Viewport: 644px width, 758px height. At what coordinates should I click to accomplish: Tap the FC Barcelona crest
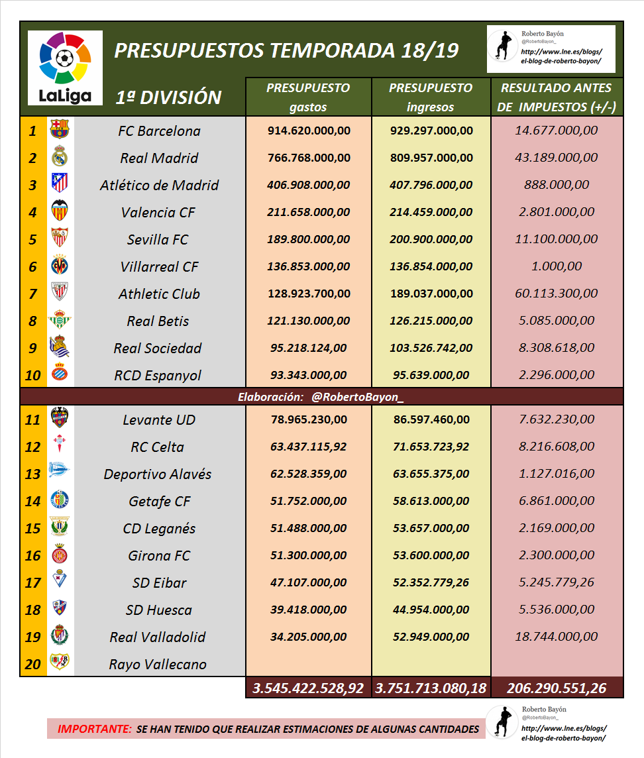(60, 130)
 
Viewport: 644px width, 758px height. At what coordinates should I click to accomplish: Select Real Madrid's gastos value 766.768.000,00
(309, 158)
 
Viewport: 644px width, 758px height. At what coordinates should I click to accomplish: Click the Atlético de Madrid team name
(159, 186)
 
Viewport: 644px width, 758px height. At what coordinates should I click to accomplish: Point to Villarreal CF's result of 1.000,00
(557, 266)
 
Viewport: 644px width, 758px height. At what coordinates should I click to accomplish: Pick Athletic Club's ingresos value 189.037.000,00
(431, 294)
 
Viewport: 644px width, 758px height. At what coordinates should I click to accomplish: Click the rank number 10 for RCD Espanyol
(33, 376)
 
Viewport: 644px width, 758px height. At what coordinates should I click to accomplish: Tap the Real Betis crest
(60, 321)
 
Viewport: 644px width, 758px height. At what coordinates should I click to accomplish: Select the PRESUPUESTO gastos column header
(308, 97)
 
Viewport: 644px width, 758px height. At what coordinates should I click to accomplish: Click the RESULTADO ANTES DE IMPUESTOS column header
(557, 97)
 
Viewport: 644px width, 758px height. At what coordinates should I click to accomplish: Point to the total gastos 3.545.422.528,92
(308, 688)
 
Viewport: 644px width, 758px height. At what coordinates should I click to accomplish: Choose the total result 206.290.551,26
(557, 688)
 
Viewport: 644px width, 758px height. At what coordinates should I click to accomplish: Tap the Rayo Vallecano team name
(158, 665)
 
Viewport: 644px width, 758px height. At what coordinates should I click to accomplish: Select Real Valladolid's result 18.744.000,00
(557, 637)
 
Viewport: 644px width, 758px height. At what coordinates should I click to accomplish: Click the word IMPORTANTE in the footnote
(94, 729)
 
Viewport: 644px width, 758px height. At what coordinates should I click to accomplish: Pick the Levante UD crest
(60, 419)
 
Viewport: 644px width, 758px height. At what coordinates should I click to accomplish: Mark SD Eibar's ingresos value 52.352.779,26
(431, 582)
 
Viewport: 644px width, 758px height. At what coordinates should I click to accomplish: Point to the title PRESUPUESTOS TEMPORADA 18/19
(286, 50)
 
